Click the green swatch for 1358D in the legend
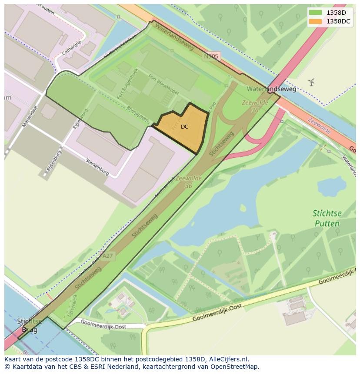coord(316,13)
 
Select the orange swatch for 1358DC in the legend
coord(316,21)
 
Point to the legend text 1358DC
coord(338,21)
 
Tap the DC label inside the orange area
coord(185,127)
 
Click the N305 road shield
coord(211,56)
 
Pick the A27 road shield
coord(107,256)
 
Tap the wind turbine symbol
coord(311,82)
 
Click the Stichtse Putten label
coord(327,218)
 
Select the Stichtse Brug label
coord(30,325)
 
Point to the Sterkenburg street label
coord(97,166)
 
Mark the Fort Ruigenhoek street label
coord(127,84)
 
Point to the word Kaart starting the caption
coord(13,359)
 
